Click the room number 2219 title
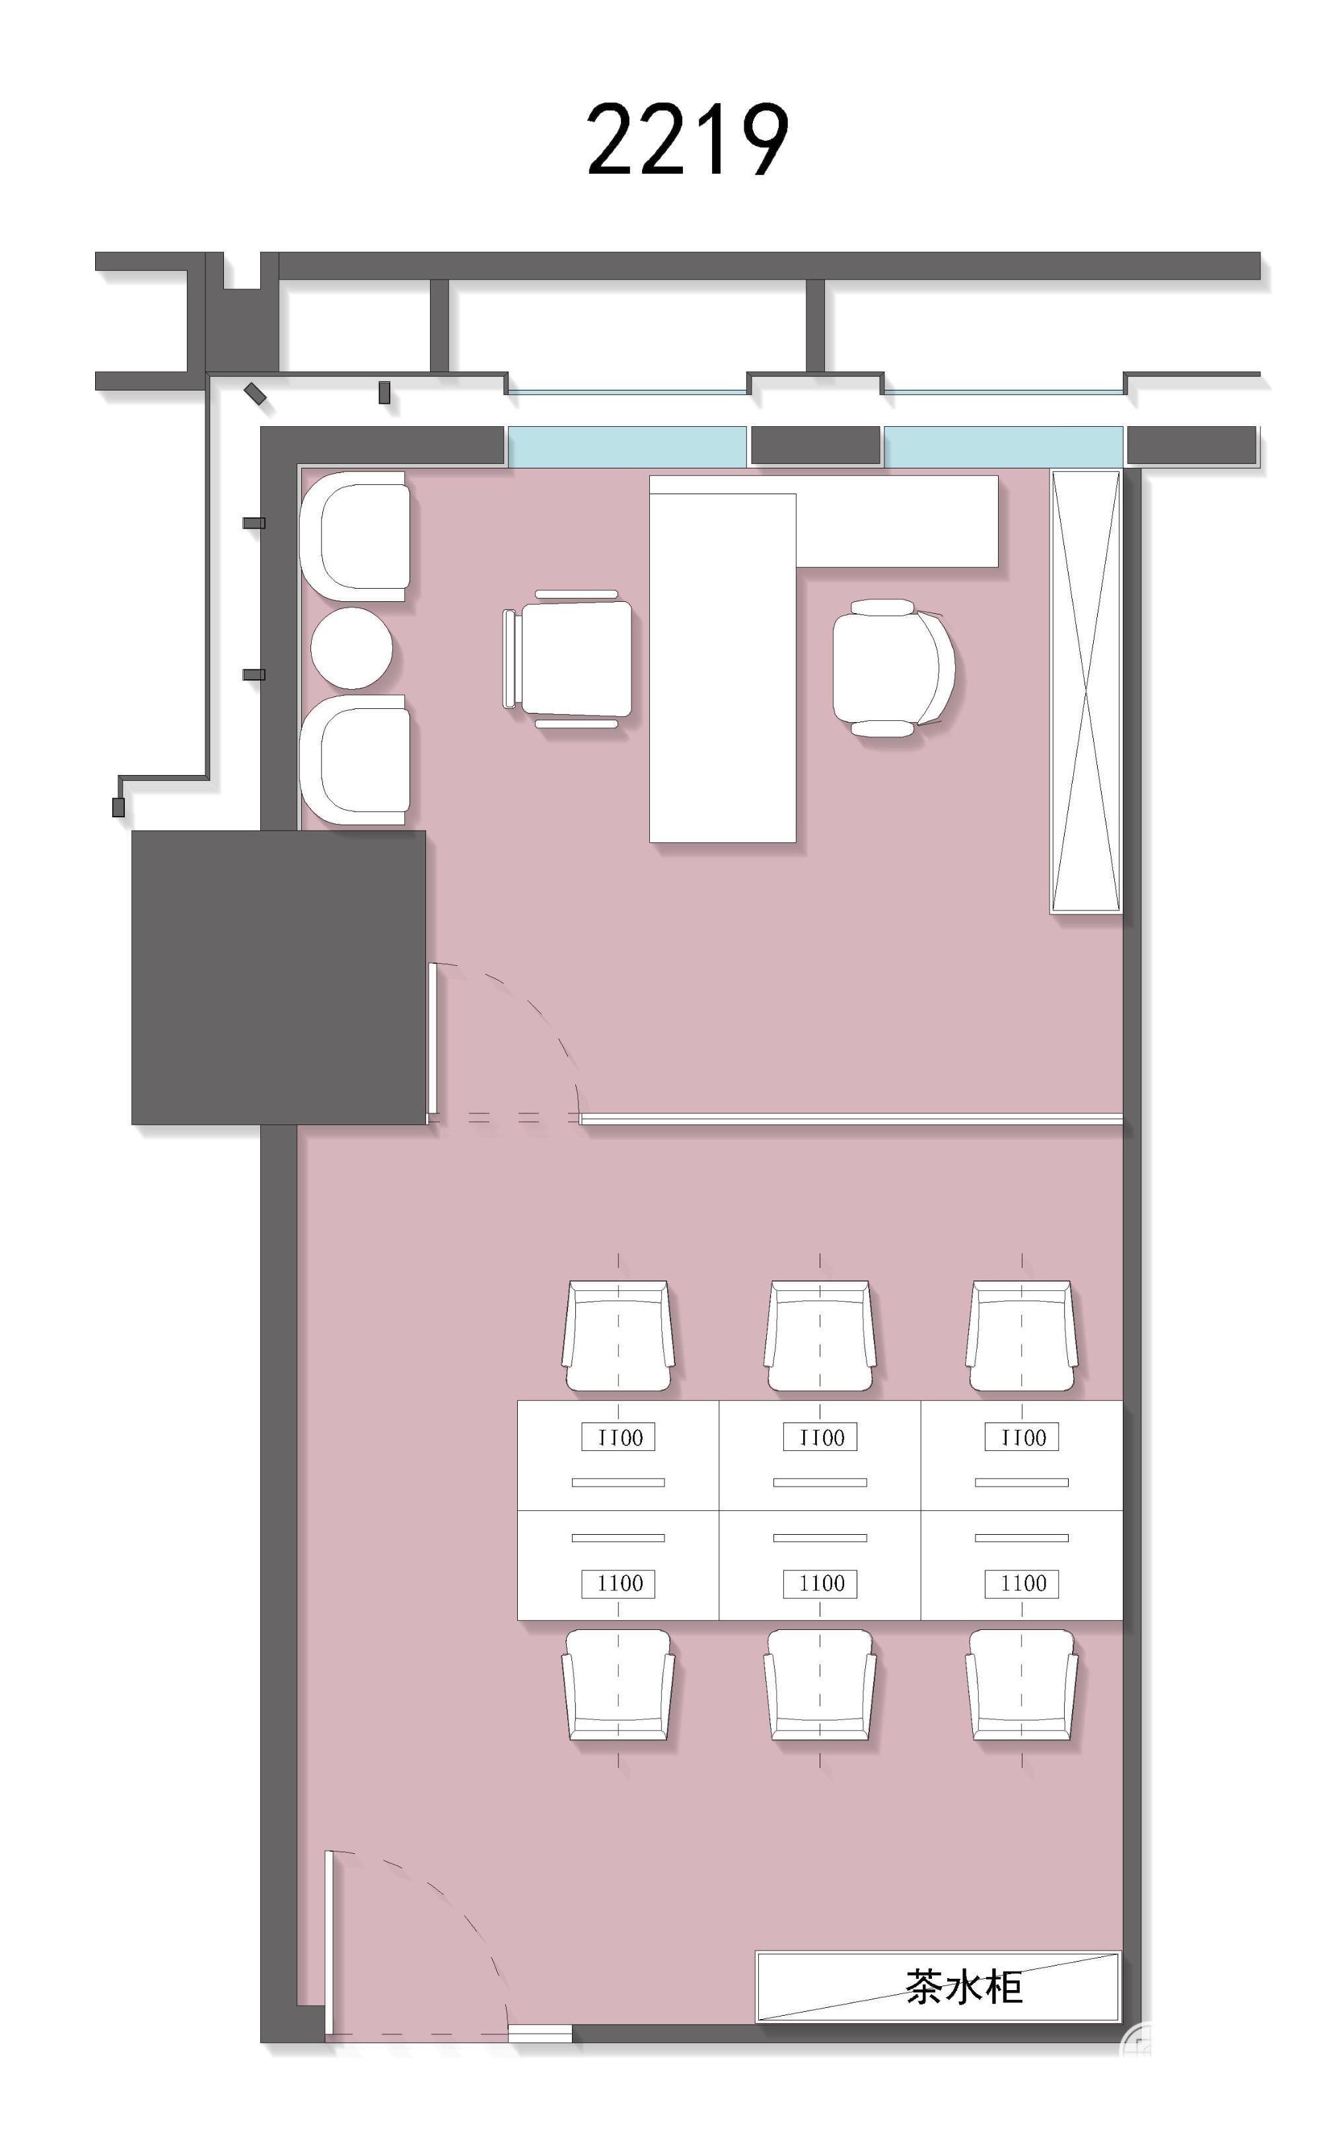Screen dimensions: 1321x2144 (x=688, y=140)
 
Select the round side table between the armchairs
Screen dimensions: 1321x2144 (x=351, y=648)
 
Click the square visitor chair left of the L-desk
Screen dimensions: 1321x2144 (x=568, y=659)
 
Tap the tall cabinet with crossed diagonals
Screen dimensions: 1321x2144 (x=1086, y=692)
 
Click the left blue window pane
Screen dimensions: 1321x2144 (x=626, y=447)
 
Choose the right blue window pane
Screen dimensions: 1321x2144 (x=1003, y=447)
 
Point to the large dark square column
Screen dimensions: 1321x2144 (x=279, y=978)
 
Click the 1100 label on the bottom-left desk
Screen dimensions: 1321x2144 (x=620, y=1582)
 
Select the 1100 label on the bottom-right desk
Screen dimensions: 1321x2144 (x=1022, y=1582)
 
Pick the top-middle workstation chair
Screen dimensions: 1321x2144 (x=820, y=1336)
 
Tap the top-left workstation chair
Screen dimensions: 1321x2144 (x=619, y=1336)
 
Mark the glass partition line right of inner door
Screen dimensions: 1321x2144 (x=852, y=1119)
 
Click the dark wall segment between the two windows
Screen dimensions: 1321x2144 (x=815, y=445)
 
